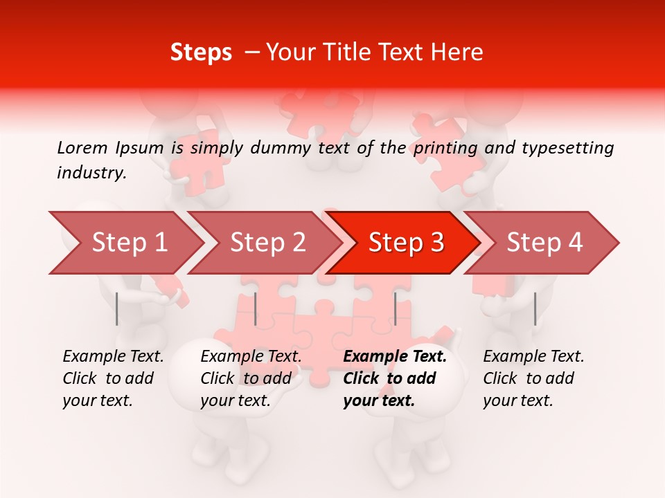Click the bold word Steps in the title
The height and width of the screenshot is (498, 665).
201,53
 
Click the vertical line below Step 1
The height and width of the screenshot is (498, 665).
117,308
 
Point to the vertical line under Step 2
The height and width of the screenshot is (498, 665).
256,308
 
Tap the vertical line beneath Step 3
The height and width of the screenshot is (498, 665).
395,308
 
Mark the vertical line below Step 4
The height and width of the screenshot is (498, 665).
535,308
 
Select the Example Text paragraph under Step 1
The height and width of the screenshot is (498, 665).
113,378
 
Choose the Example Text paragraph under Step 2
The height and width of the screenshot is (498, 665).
251,378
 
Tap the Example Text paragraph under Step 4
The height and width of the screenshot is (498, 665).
533,378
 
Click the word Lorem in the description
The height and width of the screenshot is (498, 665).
82,147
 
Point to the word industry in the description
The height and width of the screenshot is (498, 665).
91,173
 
